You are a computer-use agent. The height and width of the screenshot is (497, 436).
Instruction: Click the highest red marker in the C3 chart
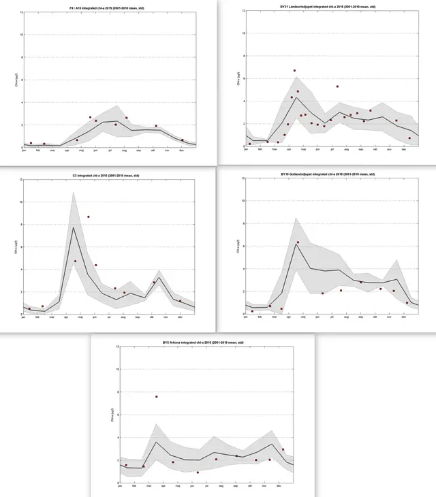click(89, 217)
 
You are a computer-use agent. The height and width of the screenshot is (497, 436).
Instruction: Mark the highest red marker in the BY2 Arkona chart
click(157, 397)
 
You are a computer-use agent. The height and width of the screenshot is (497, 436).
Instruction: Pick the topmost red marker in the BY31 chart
click(294, 71)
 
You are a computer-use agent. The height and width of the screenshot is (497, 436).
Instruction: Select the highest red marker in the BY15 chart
click(298, 242)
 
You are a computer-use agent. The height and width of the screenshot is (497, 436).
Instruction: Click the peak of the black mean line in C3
click(74, 227)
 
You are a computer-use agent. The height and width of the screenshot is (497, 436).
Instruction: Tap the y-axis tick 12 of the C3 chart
click(20, 180)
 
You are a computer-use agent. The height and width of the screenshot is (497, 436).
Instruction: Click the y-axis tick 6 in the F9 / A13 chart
click(20, 80)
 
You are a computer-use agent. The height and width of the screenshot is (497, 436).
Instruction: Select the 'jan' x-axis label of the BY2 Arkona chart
click(121, 485)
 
